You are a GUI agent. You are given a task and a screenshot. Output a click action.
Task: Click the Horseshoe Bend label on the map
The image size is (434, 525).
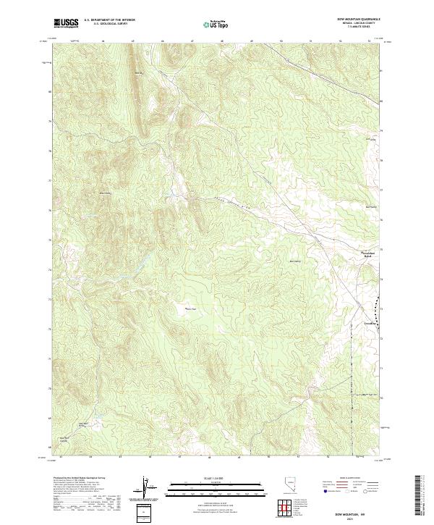coord(369,253)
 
